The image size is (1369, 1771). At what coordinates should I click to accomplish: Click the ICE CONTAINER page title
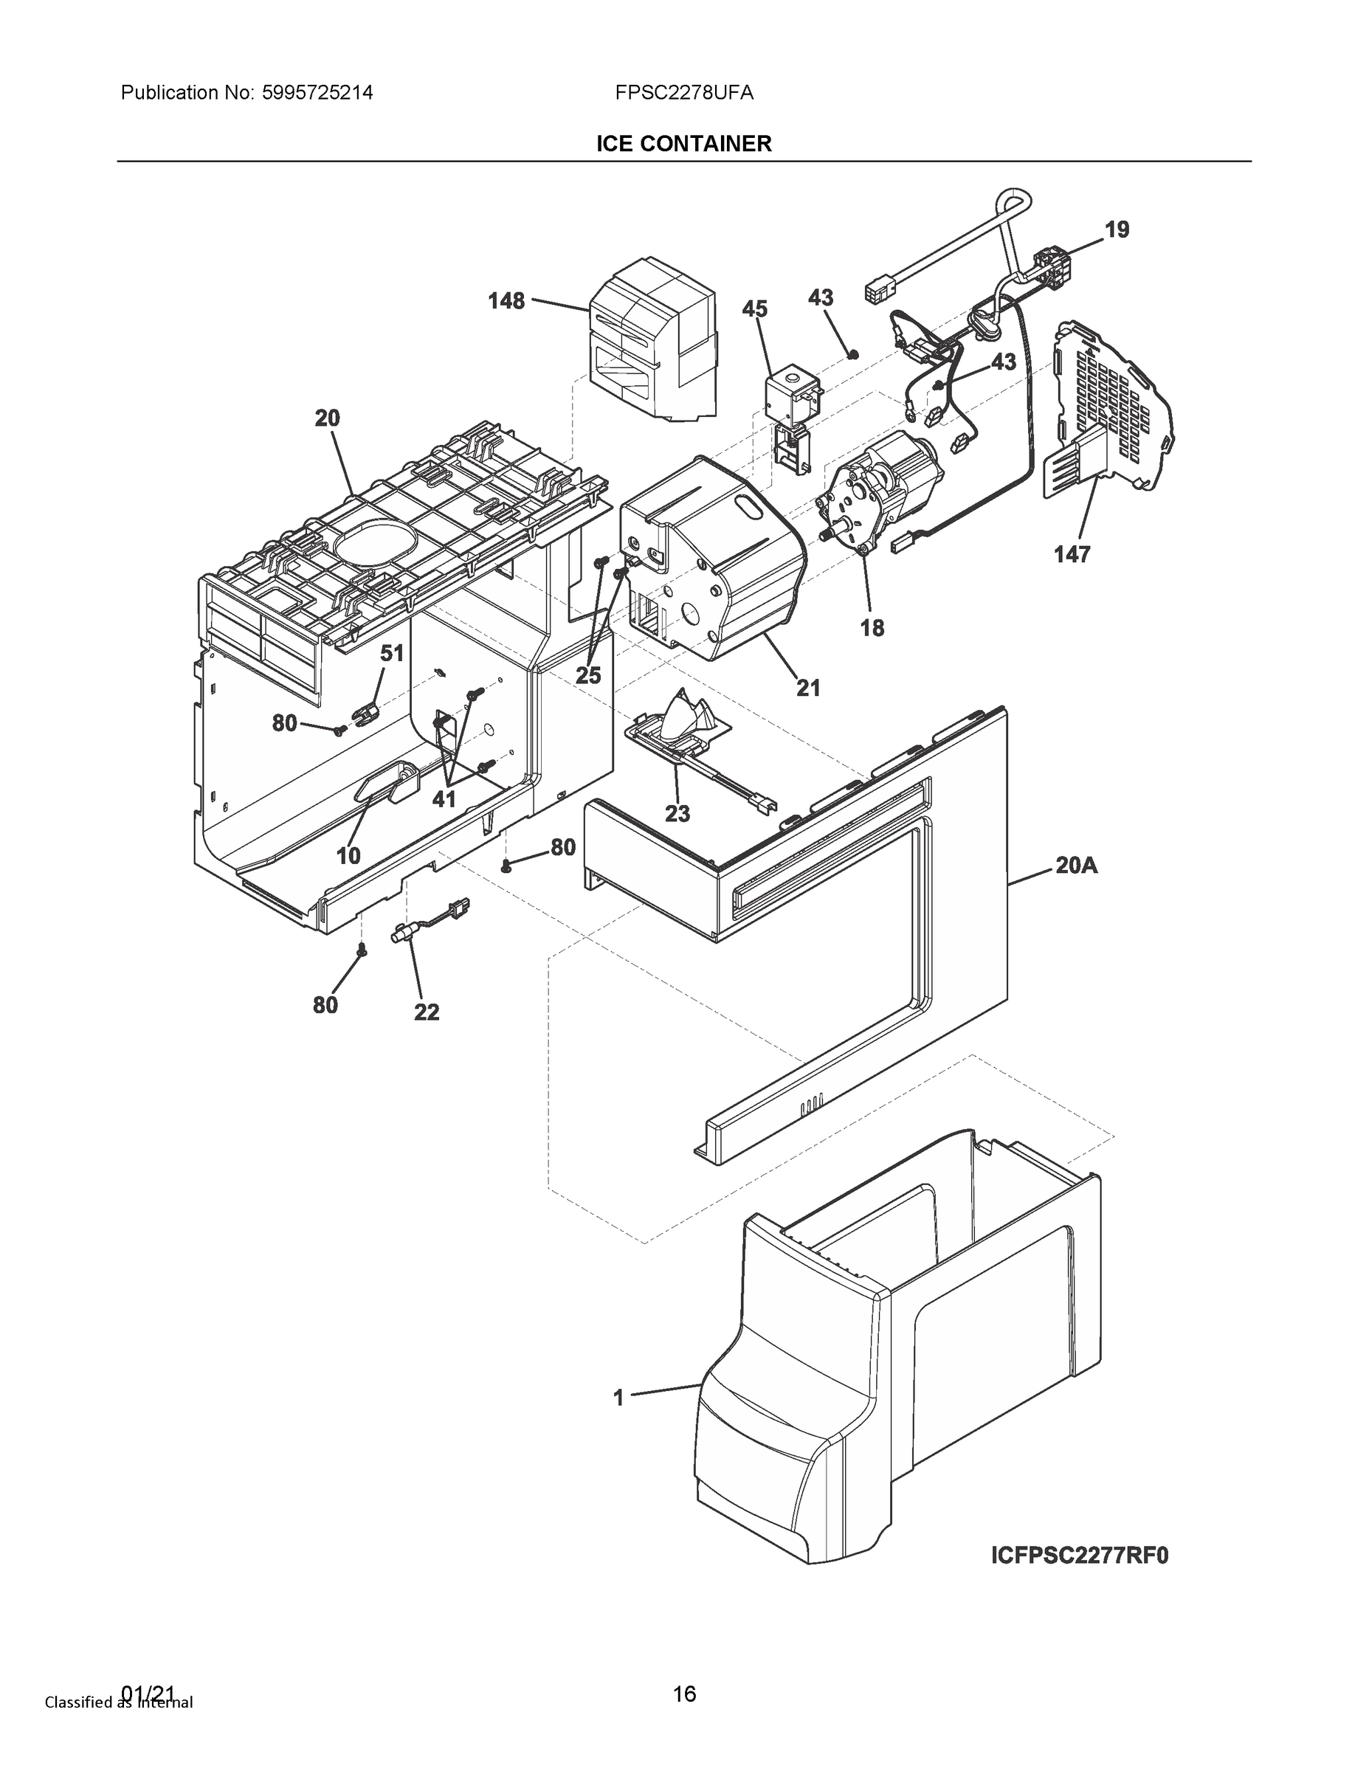point(683,145)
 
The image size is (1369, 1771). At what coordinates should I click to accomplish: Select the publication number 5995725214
point(317,93)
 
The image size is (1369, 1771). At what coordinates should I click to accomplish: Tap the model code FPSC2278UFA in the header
point(683,93)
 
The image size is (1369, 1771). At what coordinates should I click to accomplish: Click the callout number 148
point(506,302)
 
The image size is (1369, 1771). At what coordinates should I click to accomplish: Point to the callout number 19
point(1117,230)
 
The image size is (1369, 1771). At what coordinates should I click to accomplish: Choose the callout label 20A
point(1076,866)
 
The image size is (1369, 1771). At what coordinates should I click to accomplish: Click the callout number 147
point(1072,555)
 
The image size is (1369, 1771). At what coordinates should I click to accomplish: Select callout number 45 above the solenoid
point(754,309)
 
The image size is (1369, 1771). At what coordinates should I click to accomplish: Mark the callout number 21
point(808,688)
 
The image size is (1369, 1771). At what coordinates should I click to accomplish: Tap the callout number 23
point(677,813)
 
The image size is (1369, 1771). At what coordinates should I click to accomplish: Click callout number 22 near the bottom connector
point(427,1012)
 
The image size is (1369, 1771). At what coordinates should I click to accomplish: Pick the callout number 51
point(392,653)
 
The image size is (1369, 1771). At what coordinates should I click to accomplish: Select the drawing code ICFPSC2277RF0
point(1080,1556)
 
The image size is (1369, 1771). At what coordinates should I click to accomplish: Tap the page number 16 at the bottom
point(683,1694)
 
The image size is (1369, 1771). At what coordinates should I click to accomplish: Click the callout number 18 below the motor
point(872,628)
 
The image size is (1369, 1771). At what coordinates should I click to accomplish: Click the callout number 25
point(588,674)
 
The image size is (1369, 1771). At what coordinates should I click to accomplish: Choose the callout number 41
point(444,800)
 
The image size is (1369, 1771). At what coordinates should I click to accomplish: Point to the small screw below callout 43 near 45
point(852,353)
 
